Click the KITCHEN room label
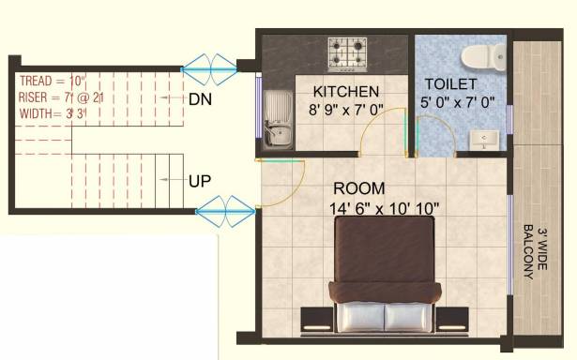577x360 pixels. point(346,91)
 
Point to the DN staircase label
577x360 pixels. point(199,98)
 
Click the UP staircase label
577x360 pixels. point(199,180)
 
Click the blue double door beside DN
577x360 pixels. point(209,66)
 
